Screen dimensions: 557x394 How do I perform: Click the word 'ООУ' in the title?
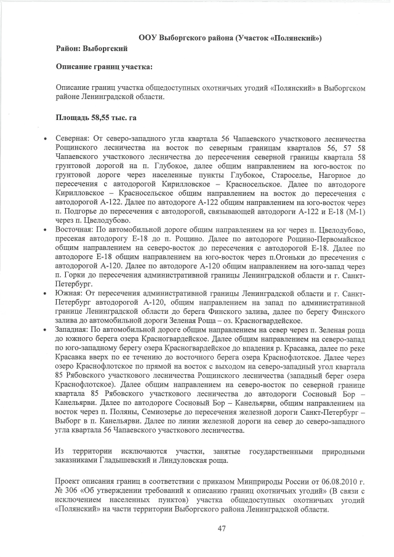pos(148,38)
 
